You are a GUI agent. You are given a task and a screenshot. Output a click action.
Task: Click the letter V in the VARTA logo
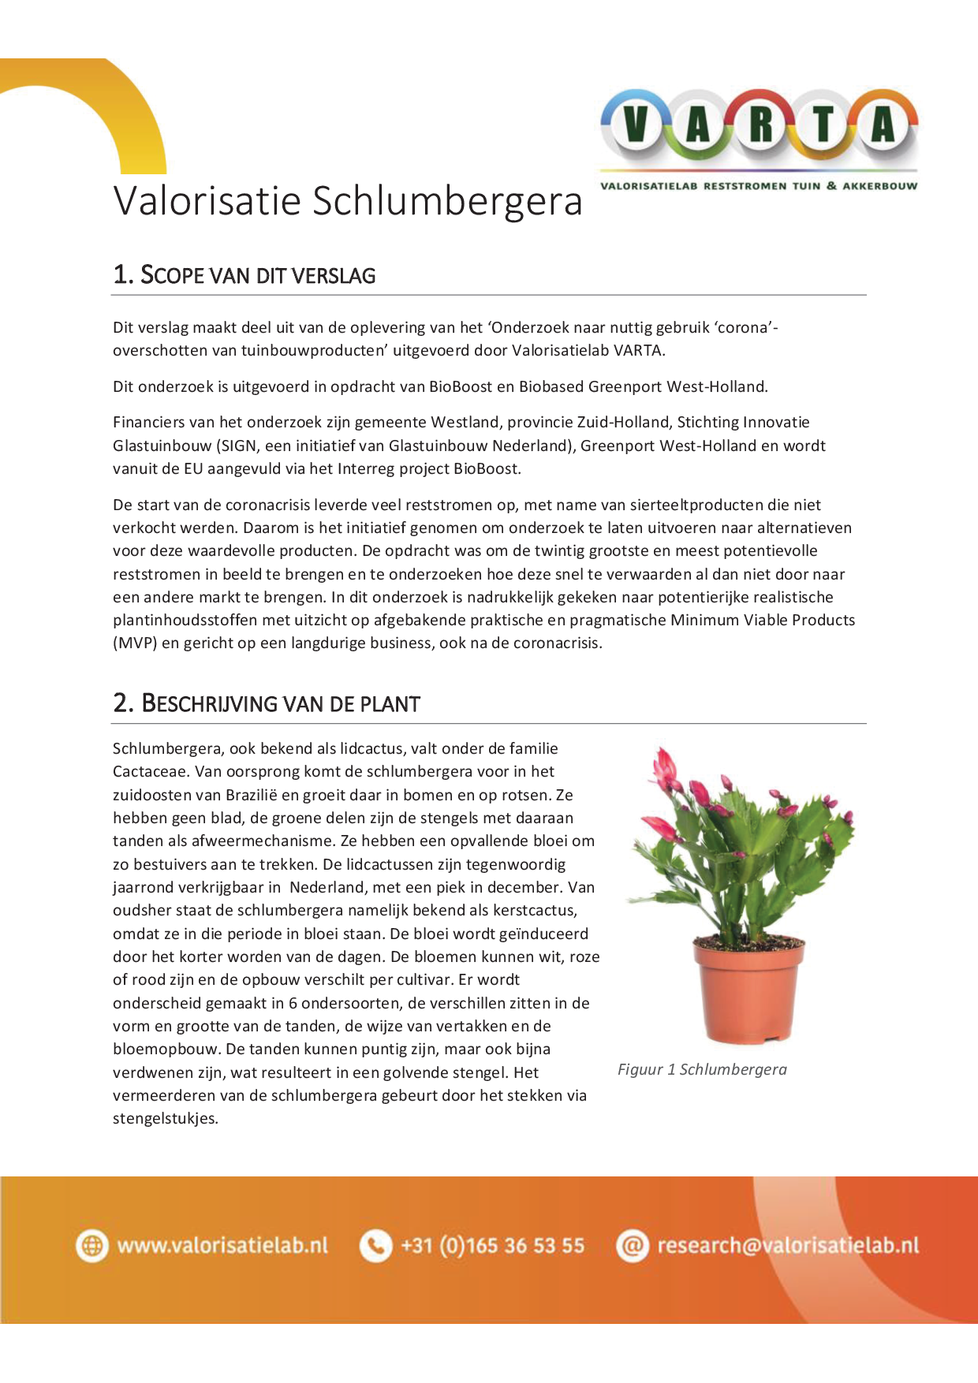tap(636, 125)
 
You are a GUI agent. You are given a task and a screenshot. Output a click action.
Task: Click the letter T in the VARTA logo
tap(823, 125)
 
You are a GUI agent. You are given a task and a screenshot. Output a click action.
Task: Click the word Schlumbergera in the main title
tap(447, 201)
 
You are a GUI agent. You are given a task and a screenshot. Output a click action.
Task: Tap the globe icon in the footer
tap(92, 1246)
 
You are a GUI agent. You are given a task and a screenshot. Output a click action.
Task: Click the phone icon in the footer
tap(375, 1246)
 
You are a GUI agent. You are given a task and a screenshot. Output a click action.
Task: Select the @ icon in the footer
tap(632, 1246)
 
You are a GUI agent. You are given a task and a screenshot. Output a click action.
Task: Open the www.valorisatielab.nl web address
tap(222, 1246)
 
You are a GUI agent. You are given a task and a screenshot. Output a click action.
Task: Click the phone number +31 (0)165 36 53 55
tap(492, 1246)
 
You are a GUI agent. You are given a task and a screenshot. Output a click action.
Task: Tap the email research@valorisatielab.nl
tap(788, 1246)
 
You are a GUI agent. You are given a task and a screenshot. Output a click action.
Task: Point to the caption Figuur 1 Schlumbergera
tap(702, 1070)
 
